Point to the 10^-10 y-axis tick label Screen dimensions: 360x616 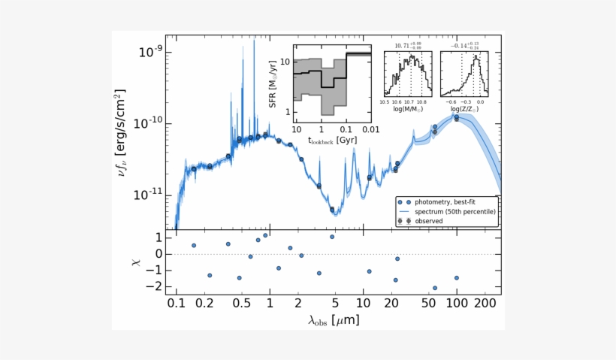pos(148,123)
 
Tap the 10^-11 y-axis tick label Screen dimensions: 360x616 pos(148,195)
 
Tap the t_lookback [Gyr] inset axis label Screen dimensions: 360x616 pos(332,139)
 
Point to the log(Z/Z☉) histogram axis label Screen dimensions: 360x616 pos(466,109)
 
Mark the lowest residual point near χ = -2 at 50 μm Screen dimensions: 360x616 pos(435,288)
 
